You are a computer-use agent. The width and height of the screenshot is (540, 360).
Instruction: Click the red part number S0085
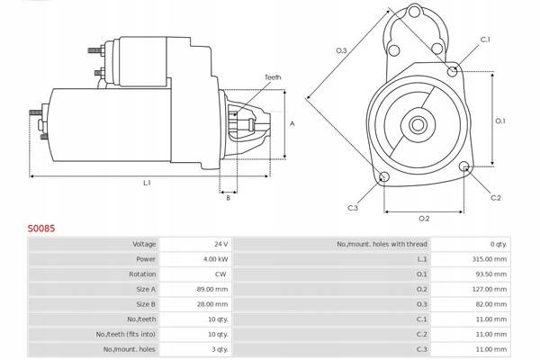[x=41, y=229]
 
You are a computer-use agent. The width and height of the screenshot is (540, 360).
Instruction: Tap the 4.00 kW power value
[x=216, y=259]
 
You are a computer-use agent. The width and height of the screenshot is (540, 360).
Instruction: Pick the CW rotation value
[x=220, y=274]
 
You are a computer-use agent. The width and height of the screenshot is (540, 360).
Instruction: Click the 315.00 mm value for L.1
[x=490, y=259]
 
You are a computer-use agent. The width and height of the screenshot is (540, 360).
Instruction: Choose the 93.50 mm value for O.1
[x=491, y=274]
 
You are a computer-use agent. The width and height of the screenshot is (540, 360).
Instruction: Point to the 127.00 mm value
[x=490, y=290]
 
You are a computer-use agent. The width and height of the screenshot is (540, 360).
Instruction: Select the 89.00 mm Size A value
[x=212, y=290]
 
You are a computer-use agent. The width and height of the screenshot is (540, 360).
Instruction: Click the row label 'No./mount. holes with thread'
[x=382, y=244]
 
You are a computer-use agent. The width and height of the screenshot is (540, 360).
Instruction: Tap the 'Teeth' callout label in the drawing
[x=273, y=77]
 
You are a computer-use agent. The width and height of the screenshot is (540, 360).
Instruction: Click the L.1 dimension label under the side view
[x=147, y=183]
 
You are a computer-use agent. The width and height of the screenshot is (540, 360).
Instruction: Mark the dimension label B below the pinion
[x=228, y=198]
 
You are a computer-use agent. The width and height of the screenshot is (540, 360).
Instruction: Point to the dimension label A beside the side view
[x=292, y=123]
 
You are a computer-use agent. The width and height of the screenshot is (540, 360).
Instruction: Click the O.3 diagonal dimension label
[x=341, y=50]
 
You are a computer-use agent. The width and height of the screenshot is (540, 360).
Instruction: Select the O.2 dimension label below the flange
[x=424, y=219]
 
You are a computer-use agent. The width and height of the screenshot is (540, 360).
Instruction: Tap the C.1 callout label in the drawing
[x=485, y=40]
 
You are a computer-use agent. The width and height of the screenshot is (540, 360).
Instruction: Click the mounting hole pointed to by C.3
[x=384, y=177]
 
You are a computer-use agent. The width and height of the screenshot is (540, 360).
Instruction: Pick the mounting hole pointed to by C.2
[x=464, y=166]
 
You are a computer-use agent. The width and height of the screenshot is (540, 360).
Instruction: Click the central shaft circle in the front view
[x=418, y=125]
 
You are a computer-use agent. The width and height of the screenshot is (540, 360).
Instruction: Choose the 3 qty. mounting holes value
[x=220, y=349]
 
